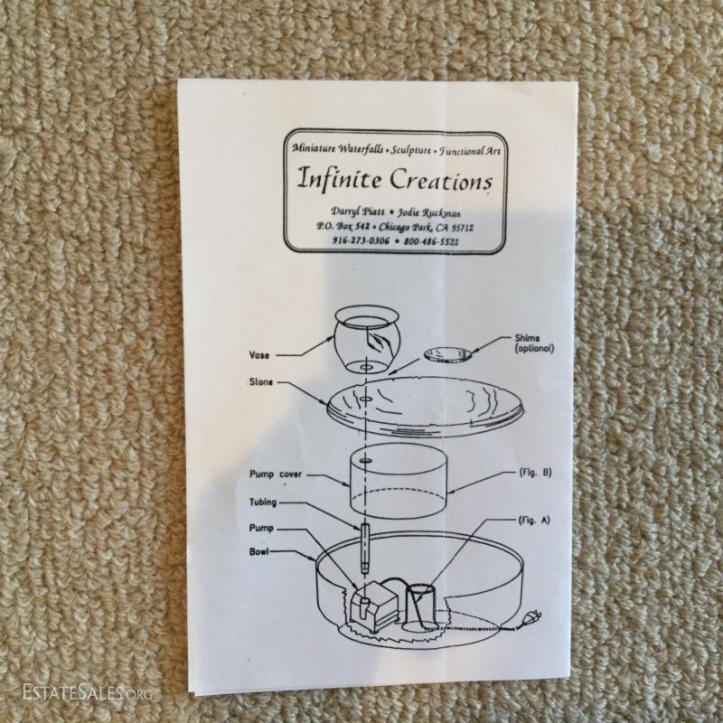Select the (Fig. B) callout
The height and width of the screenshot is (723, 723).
pyautogui.click(x=529, y=473)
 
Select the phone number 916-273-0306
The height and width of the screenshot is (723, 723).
pyautogui.click(x=336, y=241)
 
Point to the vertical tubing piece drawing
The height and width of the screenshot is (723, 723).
pyautogui.click(x=365, y=546)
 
